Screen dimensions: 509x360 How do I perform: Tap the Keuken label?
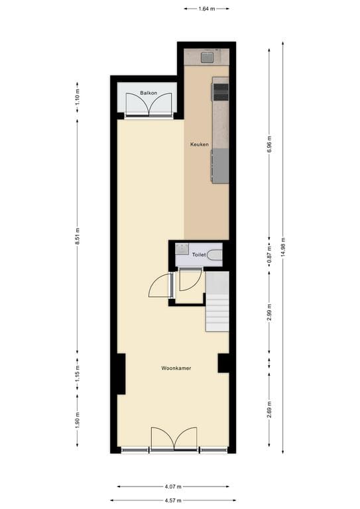[x=199, y=144]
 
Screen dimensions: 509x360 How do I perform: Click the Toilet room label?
[x=198, y=254]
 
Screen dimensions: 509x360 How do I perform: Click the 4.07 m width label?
[x=173, y=486]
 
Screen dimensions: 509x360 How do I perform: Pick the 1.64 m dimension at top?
[x=206, y=9]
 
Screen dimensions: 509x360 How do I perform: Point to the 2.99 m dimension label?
[x=269, y=312]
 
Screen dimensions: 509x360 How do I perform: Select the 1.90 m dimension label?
[x=77, y=422]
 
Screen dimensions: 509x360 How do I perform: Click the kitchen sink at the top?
[x=207, y=58]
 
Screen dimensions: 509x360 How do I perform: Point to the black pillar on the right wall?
[x=223, y=363]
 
